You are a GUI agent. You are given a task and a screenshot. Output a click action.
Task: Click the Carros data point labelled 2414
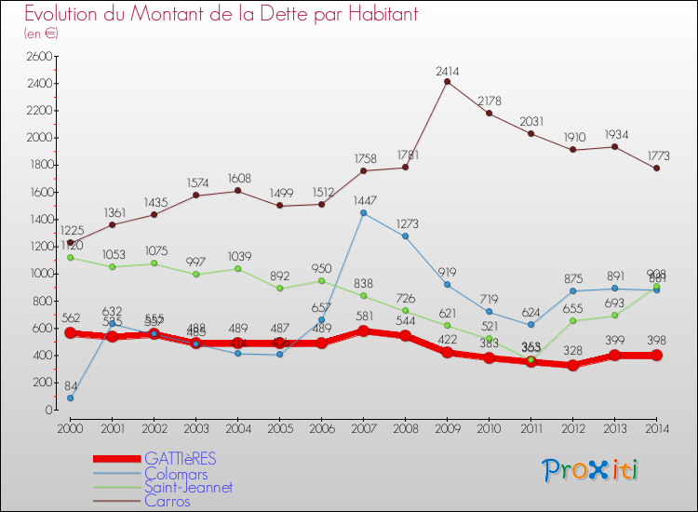click(447, 81)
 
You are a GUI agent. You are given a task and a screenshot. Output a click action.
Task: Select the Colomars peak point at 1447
click(363, 212)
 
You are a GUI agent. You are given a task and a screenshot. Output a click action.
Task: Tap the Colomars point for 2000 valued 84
click(70, 397)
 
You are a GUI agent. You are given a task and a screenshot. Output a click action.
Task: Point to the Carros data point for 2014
click(656, 168)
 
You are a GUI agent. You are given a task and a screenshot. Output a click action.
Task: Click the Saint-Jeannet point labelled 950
click(321, 280)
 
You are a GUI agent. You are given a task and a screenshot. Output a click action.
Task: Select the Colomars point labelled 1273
click(405, 236)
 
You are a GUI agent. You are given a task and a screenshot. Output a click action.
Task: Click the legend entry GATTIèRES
click(180, 459)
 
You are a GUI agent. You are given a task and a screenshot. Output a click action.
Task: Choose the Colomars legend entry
click(177, 473)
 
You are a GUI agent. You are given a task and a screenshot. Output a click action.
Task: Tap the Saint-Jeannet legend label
click(188, 487)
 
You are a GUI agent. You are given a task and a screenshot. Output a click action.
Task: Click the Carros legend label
click(168, 501)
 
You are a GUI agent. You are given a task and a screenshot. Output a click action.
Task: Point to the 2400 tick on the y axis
click(38, 83)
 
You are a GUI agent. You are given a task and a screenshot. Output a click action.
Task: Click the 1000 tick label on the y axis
click(38, 274)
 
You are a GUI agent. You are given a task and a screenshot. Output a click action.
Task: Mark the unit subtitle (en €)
click(41, 34)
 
